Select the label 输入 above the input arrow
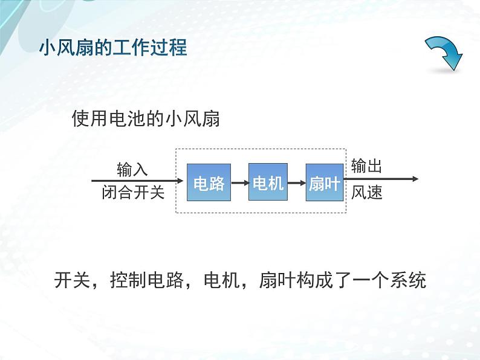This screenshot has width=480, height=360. click(x=132, y=169)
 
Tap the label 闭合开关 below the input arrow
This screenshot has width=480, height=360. click(x=133, y=193)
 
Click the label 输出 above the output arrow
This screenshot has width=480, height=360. click(x=366, y=166)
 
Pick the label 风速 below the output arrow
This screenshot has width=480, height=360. click(x=366, y=193)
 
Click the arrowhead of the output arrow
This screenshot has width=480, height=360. click(x=414, y=179)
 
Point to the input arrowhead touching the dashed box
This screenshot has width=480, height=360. click(x=180, y=180)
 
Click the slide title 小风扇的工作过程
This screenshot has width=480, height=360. click(x=113, y=47)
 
